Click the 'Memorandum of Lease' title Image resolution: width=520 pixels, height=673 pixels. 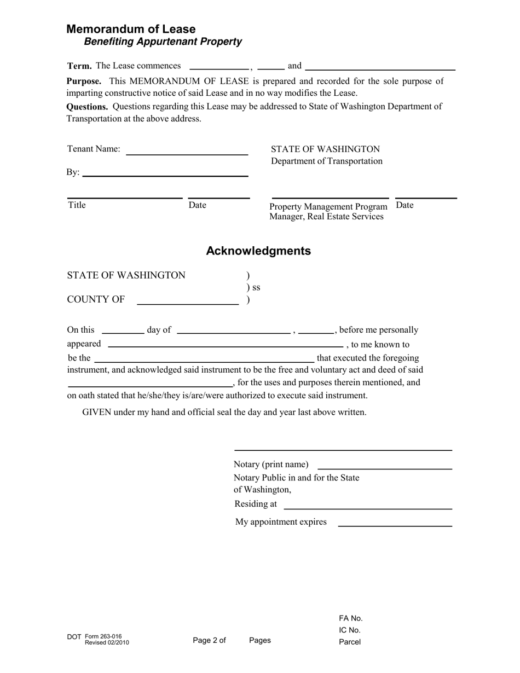pos(131,29)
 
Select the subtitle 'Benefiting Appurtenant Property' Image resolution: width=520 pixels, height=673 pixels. pos(163,42)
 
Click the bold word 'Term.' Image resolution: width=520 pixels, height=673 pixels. pos(79,66)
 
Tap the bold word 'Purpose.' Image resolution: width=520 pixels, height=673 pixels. pos(84,82)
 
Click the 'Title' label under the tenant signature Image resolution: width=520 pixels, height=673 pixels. pos(77,205)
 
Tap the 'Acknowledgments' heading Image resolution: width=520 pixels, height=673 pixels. pos(258,251)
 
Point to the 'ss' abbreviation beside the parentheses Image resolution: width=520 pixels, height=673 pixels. pos(256,287)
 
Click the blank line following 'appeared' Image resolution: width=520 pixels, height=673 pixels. pos(226,345)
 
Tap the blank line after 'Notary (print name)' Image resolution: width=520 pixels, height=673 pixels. pos(384,468)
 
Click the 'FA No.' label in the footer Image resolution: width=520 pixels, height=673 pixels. pos(351,618)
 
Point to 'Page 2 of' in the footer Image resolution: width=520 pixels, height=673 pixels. pos(209,640)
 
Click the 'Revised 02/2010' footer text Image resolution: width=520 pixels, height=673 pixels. pos(107,642)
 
